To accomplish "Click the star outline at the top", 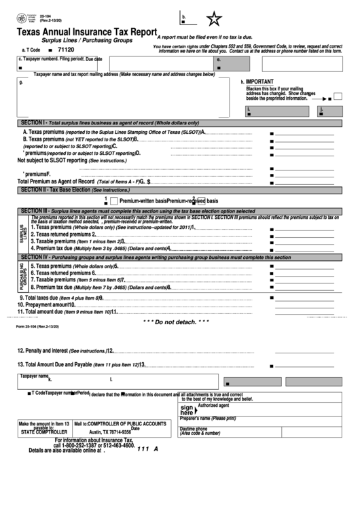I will pyautogui.click(x=214, y=18).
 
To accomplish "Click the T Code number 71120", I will pyautogui.click(x=66, y=50).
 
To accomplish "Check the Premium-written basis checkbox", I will pyautogui.click(x=114, y=201).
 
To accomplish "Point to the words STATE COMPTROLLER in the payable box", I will pyautogui.click(x=43, y=432).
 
